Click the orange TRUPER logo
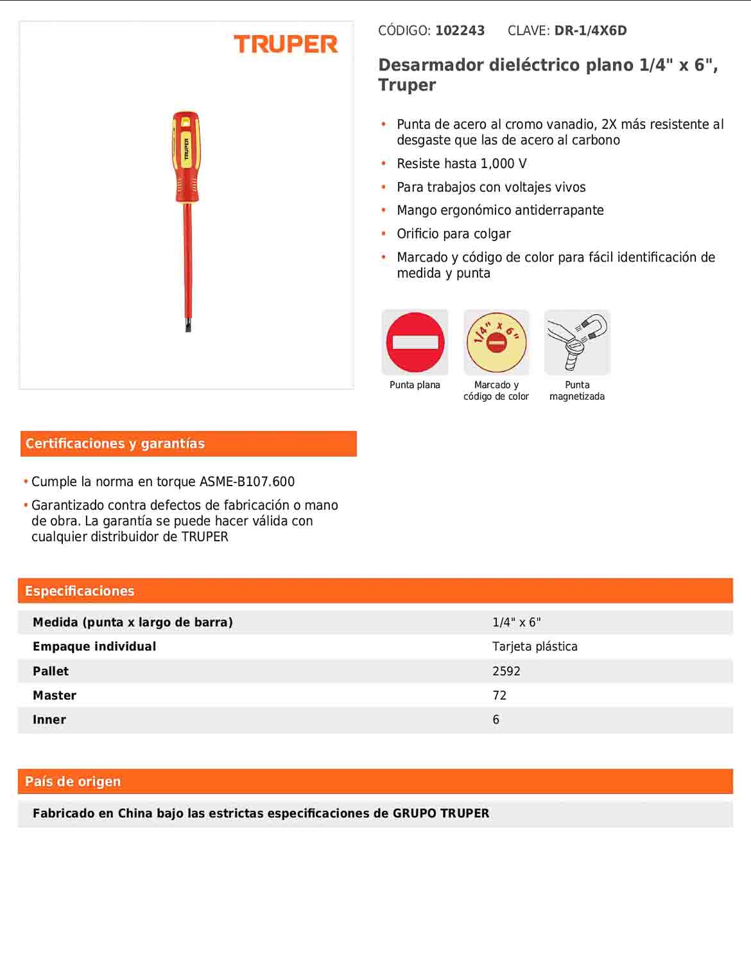pos(286,44)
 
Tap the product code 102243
pos(460,31)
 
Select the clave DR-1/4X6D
pos(590,31)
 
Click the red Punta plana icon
pos(415,342)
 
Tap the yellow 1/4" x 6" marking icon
pos(496,342)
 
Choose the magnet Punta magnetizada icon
pos(577,342)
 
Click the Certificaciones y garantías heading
pos(115,444)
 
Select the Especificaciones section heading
pos(80,591)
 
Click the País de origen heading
pos(73,782)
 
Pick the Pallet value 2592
pos(506,671)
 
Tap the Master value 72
pos(499,696)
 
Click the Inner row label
pos(49,720)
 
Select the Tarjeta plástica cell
pos(535,647)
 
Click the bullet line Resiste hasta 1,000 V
pos(462,164)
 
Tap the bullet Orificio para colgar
pos(453,234)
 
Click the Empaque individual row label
pos(94,647)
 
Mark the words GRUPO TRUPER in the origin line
pos(441,814)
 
